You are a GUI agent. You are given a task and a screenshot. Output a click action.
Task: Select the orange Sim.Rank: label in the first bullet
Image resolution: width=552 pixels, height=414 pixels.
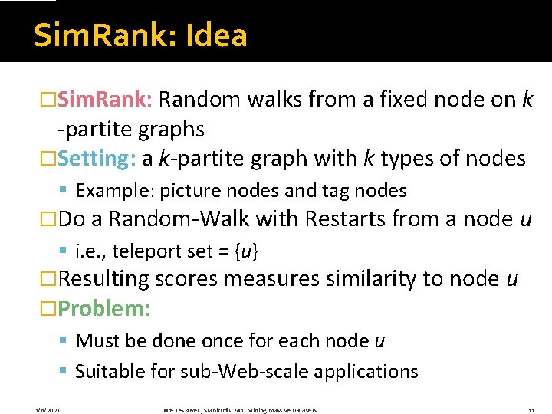(x=107, y=100)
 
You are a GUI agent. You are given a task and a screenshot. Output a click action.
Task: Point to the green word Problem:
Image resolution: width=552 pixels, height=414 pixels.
(x=104, y=309)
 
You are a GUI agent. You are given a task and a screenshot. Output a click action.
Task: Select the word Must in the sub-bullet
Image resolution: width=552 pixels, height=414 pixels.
(x=97, y=340)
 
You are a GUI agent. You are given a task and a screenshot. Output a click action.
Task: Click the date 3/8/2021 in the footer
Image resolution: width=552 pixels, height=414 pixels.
(x=48, y=410)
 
